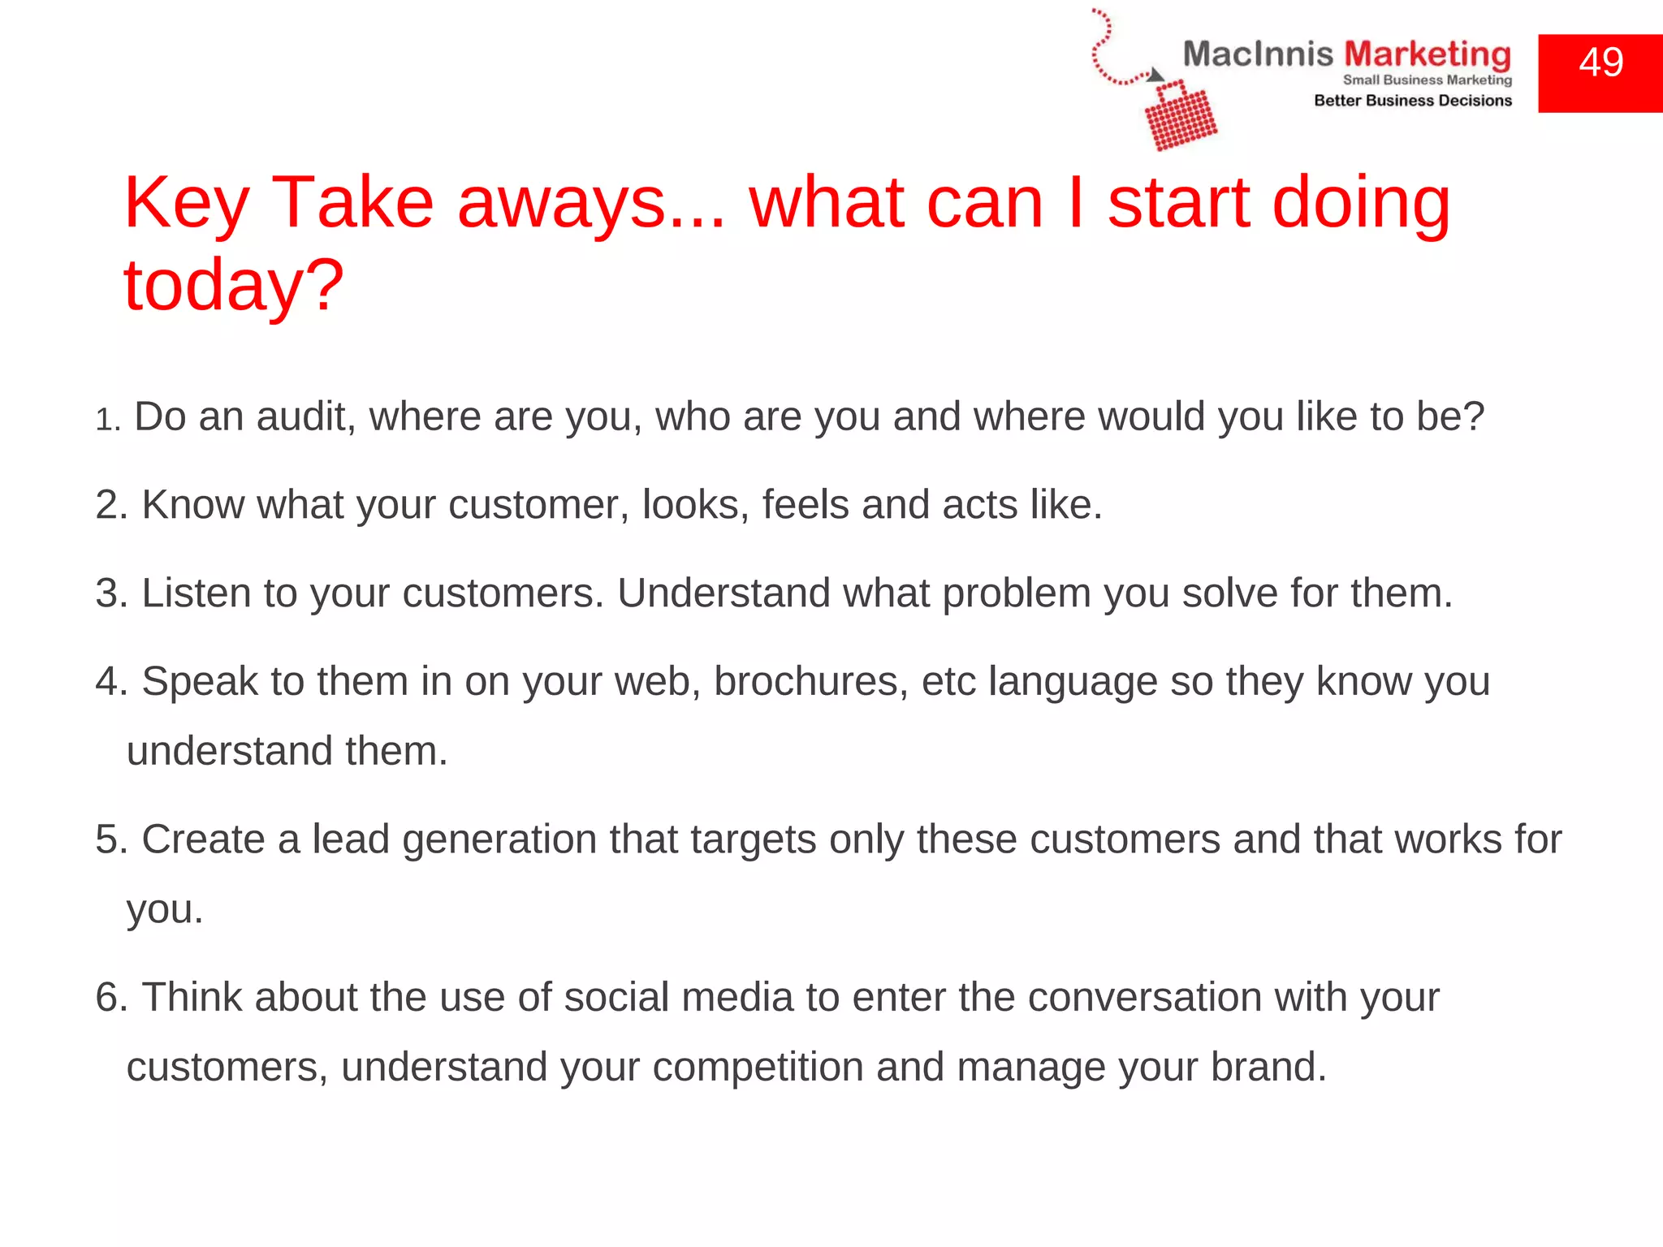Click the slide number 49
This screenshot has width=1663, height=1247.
point(1600,63)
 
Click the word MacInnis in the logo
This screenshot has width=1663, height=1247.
point(1257,54)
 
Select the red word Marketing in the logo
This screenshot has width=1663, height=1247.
point(1428,54)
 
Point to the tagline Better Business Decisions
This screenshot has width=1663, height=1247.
point(1413,101)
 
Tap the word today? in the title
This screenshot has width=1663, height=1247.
point(234,286)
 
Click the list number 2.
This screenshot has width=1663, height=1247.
point(111,505)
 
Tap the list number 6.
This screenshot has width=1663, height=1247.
point(111,998)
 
